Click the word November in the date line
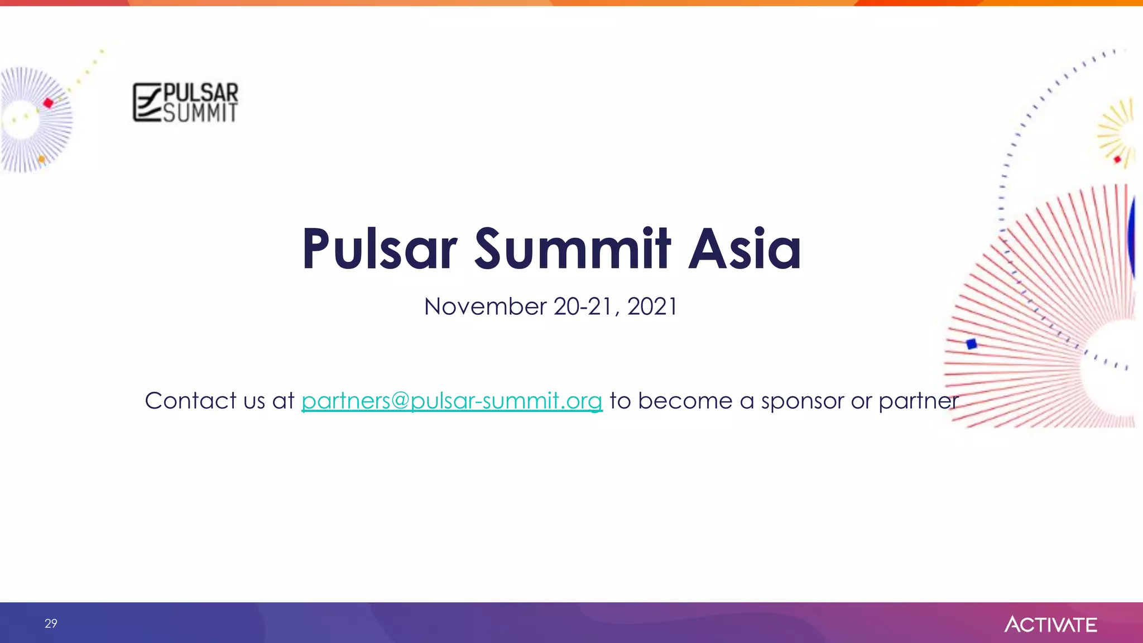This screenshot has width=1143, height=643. tap(485, 306)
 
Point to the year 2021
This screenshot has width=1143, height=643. tap(652, 306)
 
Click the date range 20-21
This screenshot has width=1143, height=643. tap(582, 306)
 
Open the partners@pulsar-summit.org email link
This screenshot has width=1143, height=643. tap(452, 401)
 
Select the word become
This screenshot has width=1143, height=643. tap(685, 401)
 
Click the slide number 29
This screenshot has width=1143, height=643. tap(51, 623)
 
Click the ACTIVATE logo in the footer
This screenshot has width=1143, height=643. tap(1050, 624)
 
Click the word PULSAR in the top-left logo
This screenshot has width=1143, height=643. tap(200, 92)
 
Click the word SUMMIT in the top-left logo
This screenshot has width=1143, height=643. tap(200, 113)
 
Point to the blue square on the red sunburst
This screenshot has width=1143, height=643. tap(972, 344)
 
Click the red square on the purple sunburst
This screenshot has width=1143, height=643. tap(49, 103)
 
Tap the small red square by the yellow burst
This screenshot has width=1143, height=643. tap(1117, 160)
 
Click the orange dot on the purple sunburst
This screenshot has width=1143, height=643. tap(41, 160)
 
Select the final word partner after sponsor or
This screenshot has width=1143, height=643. tap(919, 401)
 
